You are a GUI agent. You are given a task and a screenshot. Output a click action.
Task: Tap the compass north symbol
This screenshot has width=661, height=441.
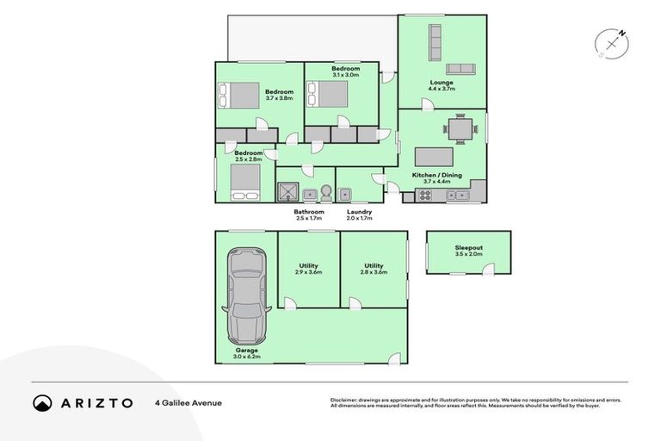click(x=612, y=42)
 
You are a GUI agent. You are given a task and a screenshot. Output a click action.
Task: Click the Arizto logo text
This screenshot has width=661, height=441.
click(x=96, y=402)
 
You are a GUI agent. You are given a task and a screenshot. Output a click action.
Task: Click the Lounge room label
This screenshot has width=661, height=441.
click(x=442, y=83)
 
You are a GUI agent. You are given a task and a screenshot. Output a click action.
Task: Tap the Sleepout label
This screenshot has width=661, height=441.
click(x=468, y=248)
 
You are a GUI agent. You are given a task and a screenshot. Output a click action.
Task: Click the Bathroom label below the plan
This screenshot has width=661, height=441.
click(x=308, y=211)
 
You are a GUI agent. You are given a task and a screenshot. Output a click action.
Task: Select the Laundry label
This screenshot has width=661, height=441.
click(x=358, y=211)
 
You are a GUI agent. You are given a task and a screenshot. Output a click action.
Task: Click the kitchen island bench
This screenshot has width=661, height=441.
click(x=435, y=157)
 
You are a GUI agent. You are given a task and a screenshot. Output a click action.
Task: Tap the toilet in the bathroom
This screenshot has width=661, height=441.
click(x=325, y=190)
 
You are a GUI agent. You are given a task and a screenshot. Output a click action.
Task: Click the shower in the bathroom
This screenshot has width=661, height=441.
click(x=287, y=192)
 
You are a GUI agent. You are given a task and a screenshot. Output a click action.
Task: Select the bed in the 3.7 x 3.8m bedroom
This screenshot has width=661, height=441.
click(x=237, y=93)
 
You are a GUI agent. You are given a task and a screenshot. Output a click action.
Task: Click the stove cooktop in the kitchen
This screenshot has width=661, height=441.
click(x=423, y=196)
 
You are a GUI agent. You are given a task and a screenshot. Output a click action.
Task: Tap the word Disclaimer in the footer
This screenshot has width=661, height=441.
click(x=343, y=400)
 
